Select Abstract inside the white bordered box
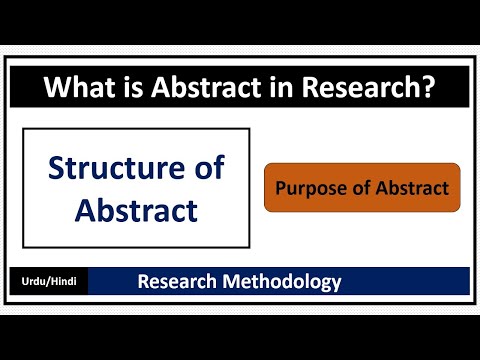coord(136,210)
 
